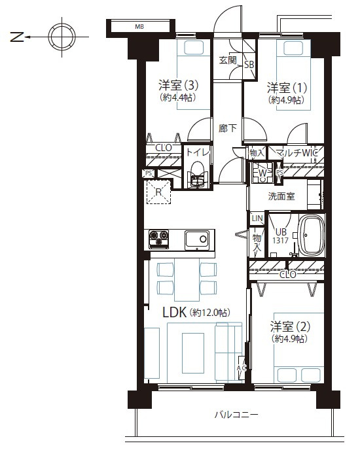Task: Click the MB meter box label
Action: click(x=139, y=27)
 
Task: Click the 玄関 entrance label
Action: click(x=228, y=60)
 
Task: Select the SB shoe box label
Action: click(x=249, y=65)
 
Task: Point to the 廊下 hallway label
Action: click(x=228, y=128)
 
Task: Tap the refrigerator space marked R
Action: click(x=158, y=192)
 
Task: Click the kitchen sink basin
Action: click(x=197, y=240)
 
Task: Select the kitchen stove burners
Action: click(x=158, y=239)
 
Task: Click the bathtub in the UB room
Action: click(x=312, y=235)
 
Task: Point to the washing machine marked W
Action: click(x=262, y=173)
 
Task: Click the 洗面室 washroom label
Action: click(x=281, y=196)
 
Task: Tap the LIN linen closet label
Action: click(x=257, y=218)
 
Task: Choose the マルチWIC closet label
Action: click(x=297, y=152)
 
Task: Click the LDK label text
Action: click(x=174, y=312)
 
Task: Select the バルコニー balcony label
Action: click(x=236, y=415)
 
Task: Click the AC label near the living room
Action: click(x=242, y=368)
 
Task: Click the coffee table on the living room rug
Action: click(x=193, y=353)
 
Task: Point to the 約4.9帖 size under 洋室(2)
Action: click(x=289, y=339)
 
